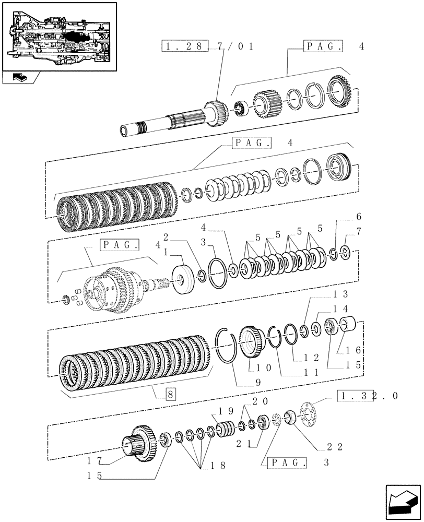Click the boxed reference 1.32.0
point(368,396)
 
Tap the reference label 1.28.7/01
point(208,46)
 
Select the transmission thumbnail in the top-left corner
point(58,37)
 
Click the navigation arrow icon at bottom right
point(402,499)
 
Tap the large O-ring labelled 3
point(216,273)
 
